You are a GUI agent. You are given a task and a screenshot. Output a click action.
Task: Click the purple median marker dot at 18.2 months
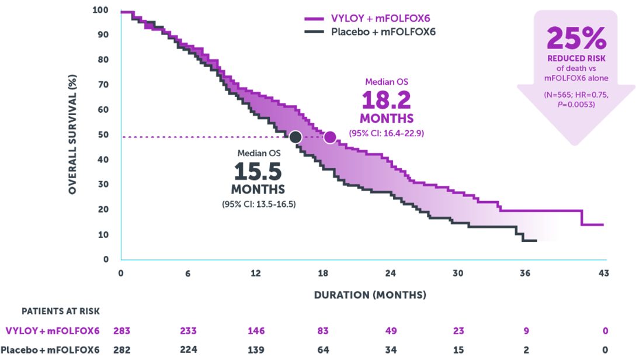click(x=330, y=137)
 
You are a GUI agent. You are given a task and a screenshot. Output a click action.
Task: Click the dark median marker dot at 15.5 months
click(x=296, y=137)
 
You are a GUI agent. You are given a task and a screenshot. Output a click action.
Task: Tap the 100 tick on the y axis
click(x=100, y=10)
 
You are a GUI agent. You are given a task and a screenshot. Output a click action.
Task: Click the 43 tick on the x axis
click(x=604, y=273)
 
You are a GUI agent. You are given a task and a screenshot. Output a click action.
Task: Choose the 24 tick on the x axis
click(x=391, y=273)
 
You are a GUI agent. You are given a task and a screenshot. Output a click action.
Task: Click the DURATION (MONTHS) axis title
click(x=370, y=295)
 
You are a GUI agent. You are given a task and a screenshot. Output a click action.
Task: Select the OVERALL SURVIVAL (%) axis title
click(x=72, y=134)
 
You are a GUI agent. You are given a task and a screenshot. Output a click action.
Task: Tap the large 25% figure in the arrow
click(x=576, y=39)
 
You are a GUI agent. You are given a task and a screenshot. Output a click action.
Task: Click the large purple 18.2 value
click(x=385, y=100)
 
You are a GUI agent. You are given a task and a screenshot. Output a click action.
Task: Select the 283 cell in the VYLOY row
click(x=121, y=331)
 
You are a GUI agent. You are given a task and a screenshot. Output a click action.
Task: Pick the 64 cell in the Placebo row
click(x=323, y=350)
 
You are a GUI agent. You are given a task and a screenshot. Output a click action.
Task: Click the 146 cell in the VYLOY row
click(x=256, y=331)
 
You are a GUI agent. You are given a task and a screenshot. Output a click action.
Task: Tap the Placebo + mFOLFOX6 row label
click(x=53, y=350)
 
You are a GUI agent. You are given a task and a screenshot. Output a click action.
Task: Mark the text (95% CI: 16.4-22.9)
click(x=386, y=133)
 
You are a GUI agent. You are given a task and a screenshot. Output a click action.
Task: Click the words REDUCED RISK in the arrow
click(x=576, y=59)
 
